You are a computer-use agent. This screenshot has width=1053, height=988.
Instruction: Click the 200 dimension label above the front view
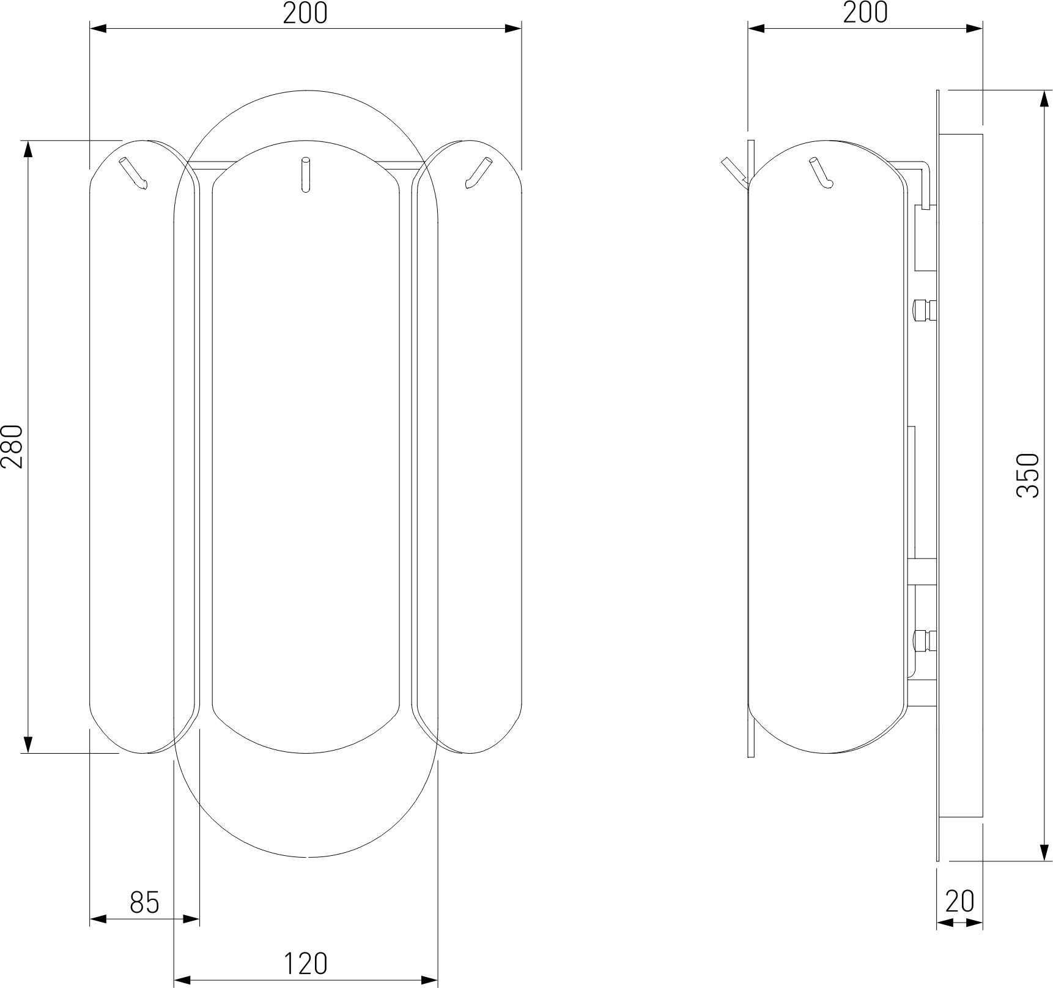click(305, 13)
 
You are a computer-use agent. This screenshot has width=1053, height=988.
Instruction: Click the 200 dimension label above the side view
click(865, 13)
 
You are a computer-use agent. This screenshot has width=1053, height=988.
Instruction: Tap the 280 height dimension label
click(12, 446)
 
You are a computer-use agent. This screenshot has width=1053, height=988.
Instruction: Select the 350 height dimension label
click(1028, 475)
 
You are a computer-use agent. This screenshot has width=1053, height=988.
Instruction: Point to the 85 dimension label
click(145, 902)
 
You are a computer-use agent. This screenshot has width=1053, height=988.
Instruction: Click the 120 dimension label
click(305, 965)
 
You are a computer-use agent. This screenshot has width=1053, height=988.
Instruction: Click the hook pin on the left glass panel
click(133, 173)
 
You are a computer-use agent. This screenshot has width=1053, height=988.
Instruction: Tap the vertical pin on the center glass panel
click(305, 175)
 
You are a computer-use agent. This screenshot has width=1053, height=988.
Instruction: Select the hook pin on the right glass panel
click(478, 173)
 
